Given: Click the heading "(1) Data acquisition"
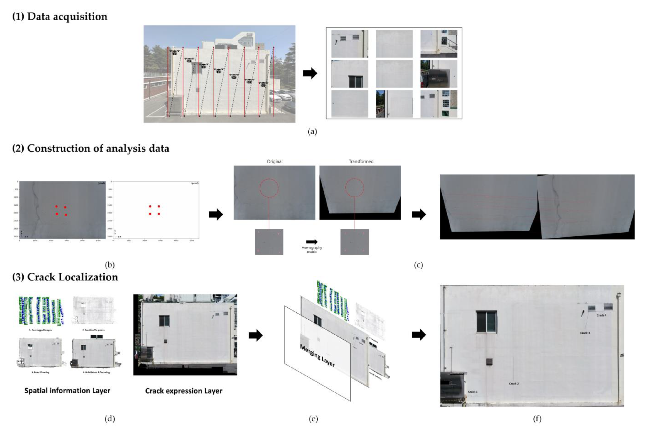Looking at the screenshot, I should click(60, 17).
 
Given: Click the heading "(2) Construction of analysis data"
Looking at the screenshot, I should click(91, 148).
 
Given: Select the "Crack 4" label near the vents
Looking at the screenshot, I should click(601, 315).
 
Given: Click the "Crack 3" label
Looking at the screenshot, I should click(585, 333).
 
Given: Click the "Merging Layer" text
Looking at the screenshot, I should click(317, 356).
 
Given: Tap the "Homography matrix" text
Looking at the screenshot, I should click(312, 250).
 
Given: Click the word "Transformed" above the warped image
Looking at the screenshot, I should click(361, 162).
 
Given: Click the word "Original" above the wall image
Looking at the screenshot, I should click(275, 162).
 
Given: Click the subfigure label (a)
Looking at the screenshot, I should click(312, 132).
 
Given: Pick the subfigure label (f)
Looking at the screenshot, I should click(537, 419).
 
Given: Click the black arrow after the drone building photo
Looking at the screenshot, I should click(310, 73).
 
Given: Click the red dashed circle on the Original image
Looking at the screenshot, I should click(269, 188).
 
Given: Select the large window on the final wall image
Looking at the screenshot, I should click(486, 322).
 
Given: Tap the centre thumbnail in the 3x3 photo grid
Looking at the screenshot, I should click(394, 74).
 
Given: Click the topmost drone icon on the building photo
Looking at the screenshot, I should click(174, 52).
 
